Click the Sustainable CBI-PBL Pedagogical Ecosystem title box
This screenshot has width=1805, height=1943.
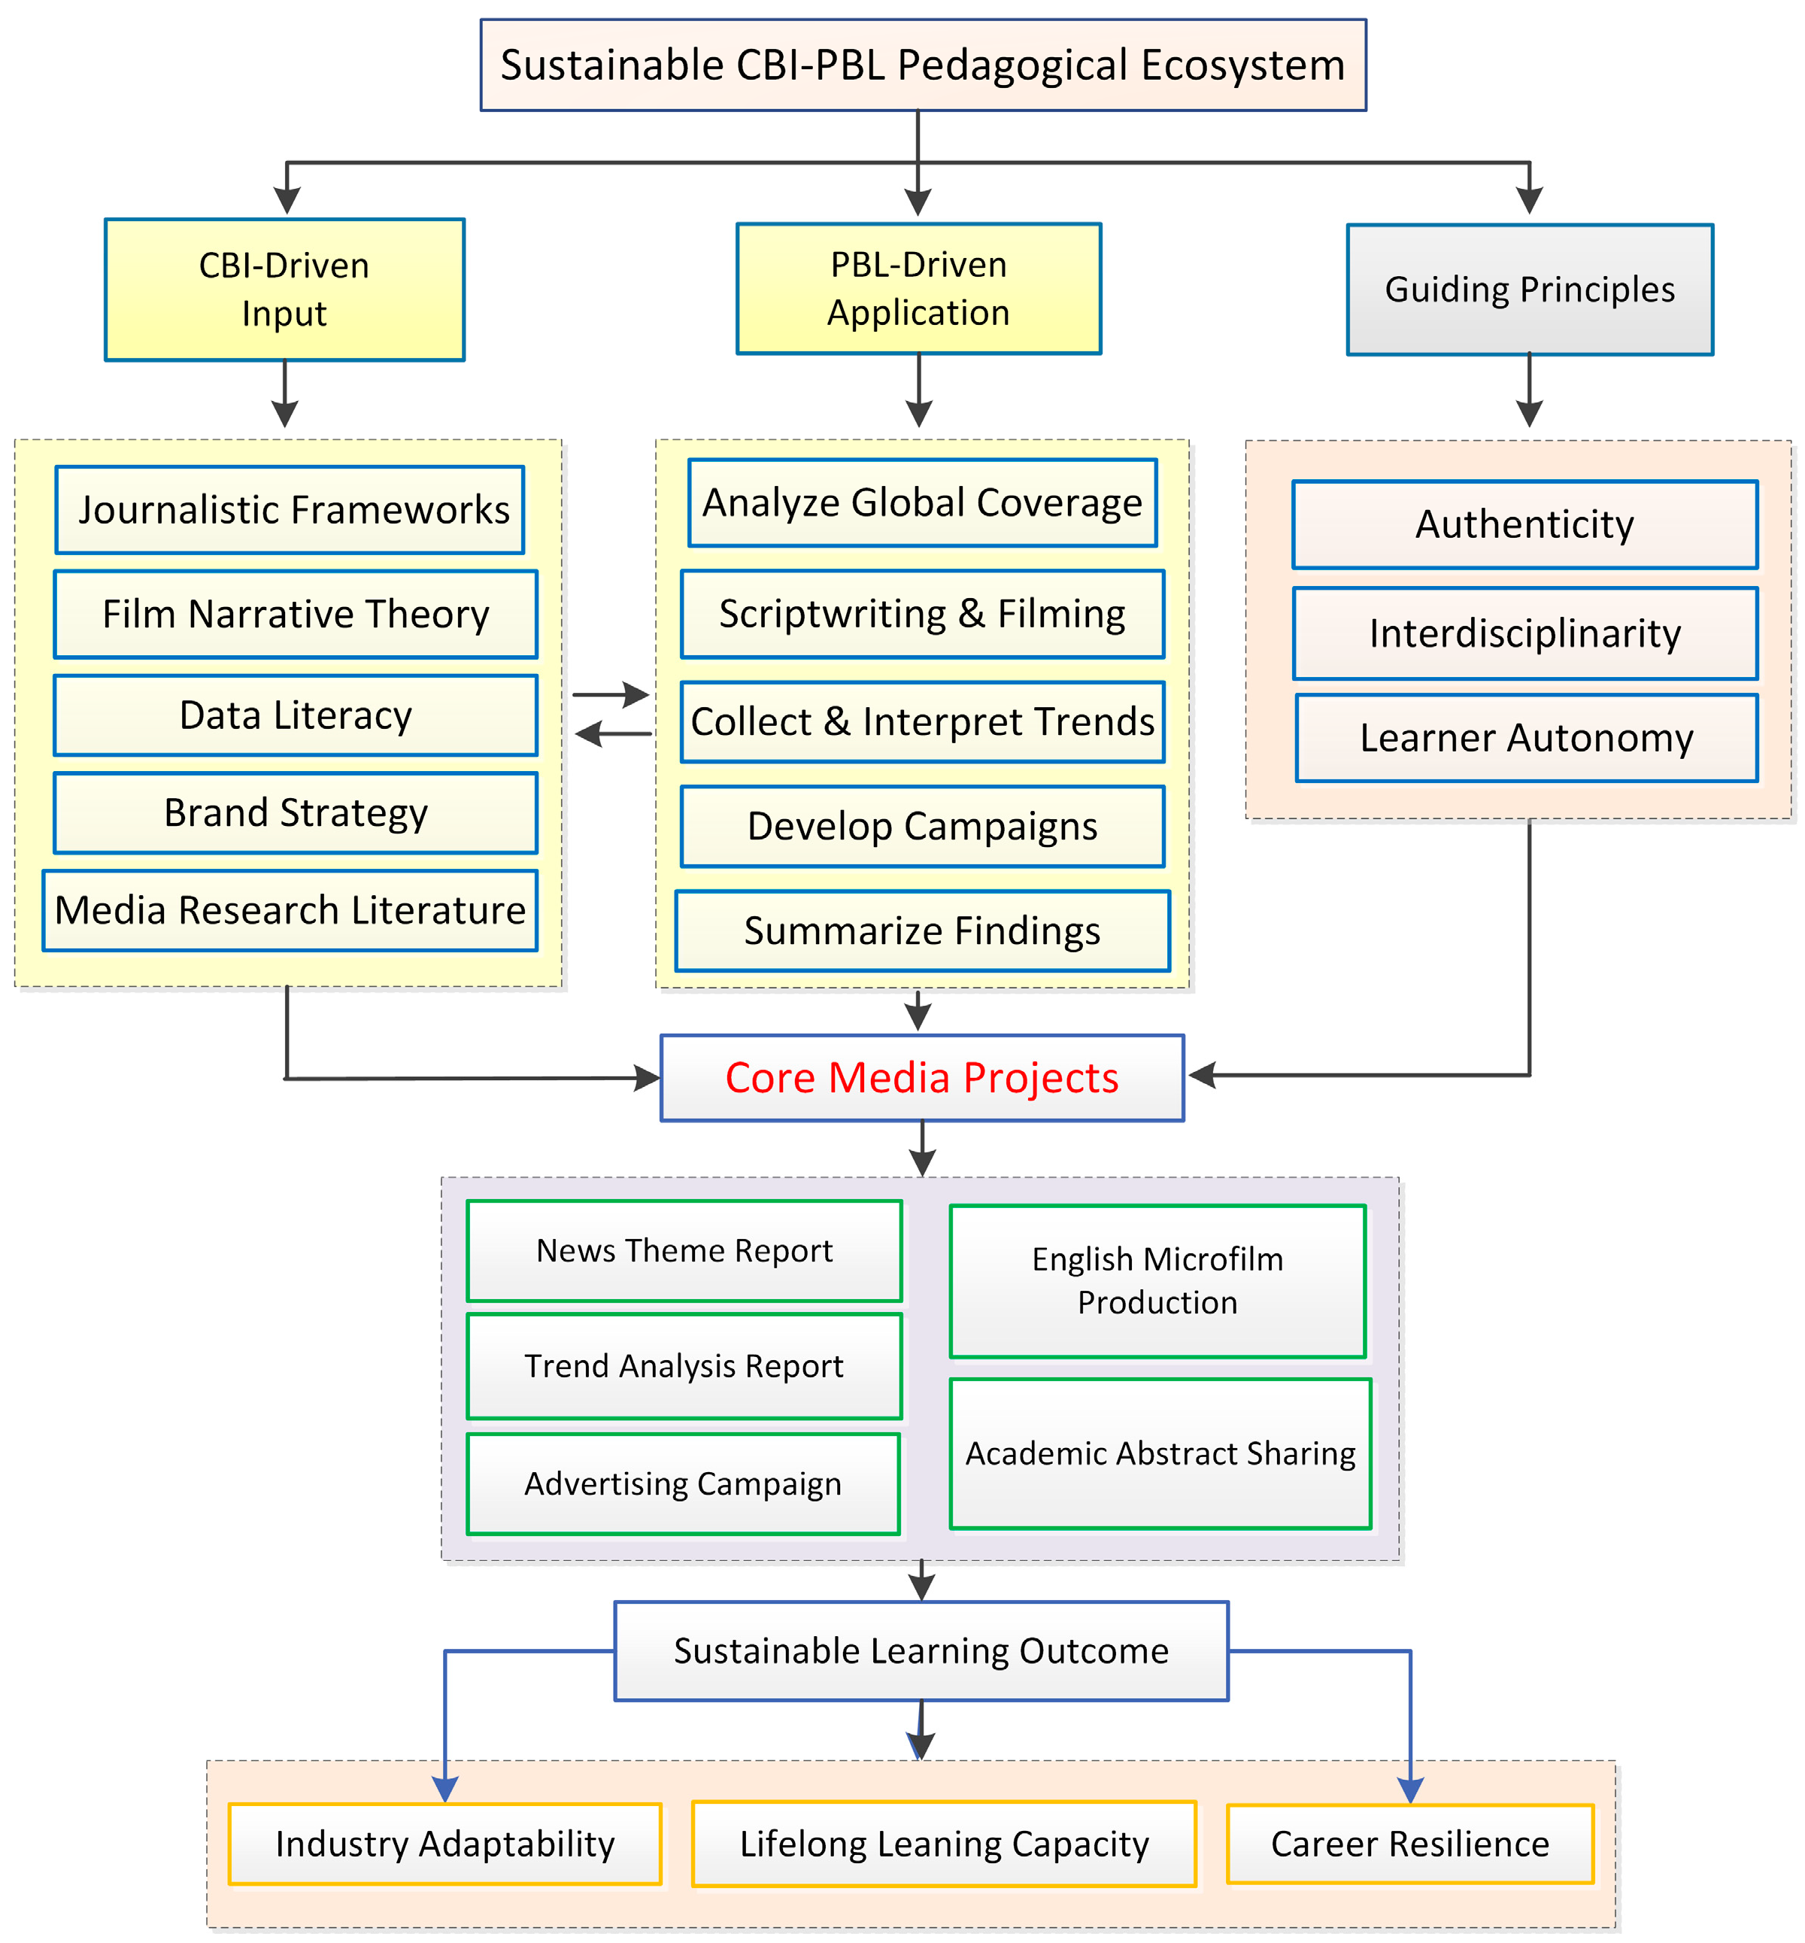click(923, 65)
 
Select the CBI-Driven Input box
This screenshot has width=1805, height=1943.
click(284, 289)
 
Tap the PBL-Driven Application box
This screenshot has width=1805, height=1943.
click(918, 288)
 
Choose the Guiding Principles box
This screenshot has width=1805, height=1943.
click(1530, 289)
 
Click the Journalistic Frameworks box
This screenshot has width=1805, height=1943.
click(290, 510)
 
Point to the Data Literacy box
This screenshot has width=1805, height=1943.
click(295, 715)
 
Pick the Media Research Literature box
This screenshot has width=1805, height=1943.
click(290, 910)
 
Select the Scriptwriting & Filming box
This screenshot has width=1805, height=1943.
click(922, 614)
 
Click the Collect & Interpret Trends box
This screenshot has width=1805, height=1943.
click(922, 721)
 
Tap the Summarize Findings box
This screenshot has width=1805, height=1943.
click(922, 930)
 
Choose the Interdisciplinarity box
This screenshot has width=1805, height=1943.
click(1524, 633)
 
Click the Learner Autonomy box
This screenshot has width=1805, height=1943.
click(1527, 737)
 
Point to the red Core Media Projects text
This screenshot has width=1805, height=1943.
click(922, 1077)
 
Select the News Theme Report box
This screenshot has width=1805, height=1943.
click(684, 1250)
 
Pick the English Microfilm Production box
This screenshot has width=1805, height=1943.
click(1157, 1281)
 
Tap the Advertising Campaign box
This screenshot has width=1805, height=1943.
click(683, 1483)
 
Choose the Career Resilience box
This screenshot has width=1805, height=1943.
click(1409, 1844)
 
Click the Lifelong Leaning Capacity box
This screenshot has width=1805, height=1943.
click(944, 1844)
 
